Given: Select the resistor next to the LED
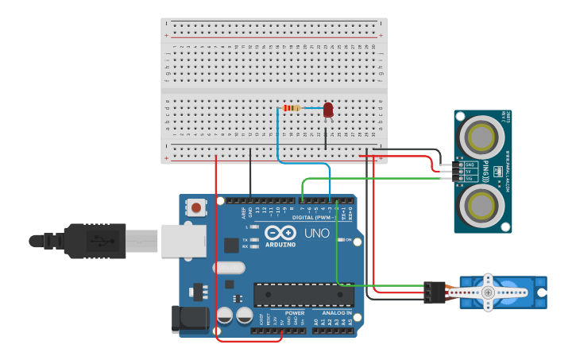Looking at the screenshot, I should click(292, 108).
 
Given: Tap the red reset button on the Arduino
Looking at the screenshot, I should click(195, 207).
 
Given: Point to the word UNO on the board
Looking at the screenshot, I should click(317, 234).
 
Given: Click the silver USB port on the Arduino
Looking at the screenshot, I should click(183, 240).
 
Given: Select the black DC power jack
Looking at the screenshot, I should click(190, 319).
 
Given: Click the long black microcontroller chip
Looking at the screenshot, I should click(303, 294).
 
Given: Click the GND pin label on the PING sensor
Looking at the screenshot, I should click(470, 165).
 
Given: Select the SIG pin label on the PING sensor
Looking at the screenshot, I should click(470, 179).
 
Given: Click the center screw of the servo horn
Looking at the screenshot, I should click(488, 292).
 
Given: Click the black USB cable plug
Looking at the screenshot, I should click(95, 241).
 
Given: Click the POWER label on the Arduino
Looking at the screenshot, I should click(294, 312).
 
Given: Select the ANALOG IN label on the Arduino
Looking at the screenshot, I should click(338, 312).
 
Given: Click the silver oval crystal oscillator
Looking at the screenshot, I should click(229, 268).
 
